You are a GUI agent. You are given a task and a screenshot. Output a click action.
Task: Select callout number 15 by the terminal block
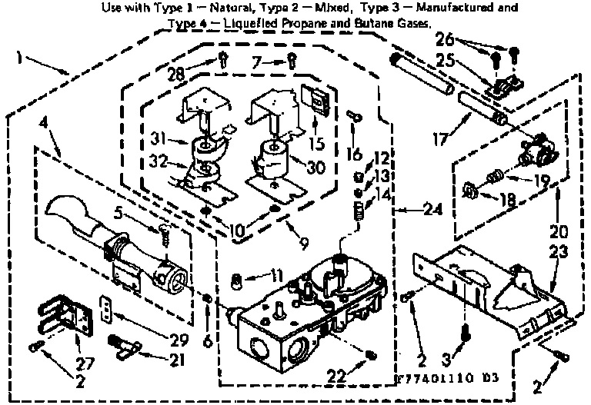pos(316,142)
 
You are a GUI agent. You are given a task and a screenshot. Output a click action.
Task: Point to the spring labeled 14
pos(357,208)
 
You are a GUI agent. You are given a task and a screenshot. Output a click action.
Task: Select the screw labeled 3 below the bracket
pos(464,331)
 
